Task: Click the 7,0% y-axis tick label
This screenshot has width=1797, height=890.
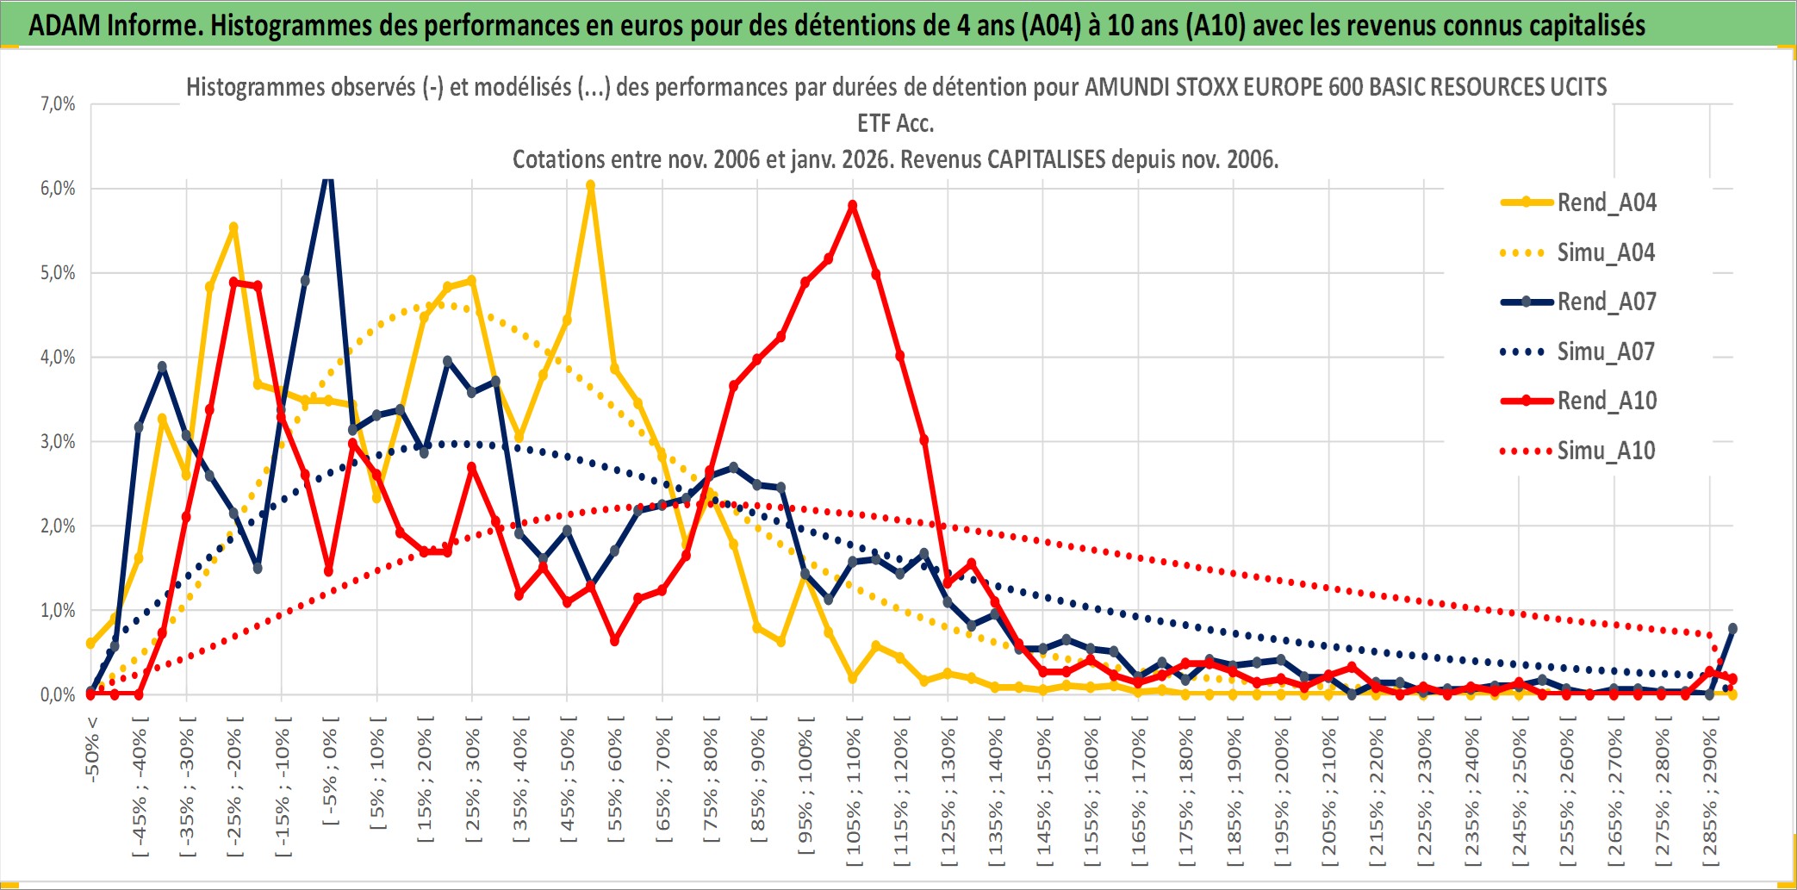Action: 58,104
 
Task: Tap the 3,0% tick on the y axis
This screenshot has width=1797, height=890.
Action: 58,442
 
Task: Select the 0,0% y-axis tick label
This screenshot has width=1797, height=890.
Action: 58,694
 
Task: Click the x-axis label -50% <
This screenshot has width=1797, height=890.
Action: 91,750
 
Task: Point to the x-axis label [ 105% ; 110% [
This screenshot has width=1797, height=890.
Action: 853,793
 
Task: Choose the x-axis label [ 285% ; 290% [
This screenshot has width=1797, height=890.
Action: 1709,793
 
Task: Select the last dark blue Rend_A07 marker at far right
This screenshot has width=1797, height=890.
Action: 1732,629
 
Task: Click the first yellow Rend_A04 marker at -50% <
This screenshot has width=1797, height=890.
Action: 90,644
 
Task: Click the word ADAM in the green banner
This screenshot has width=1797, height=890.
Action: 65,25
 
